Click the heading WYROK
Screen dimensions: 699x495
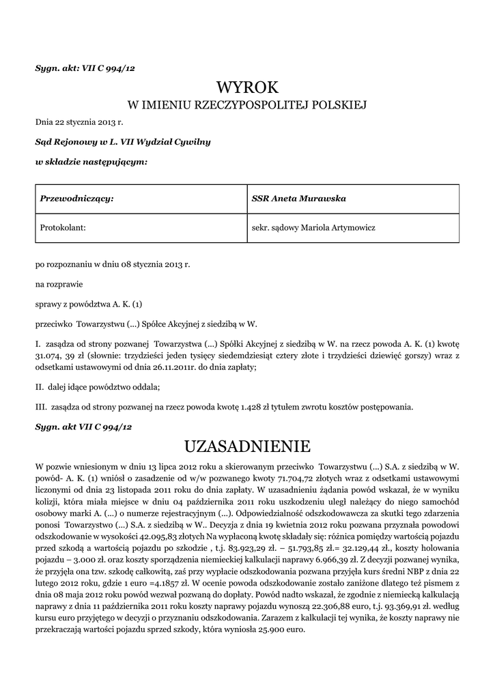tap(247, 87)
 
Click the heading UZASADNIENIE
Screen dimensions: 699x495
tap(247, 447)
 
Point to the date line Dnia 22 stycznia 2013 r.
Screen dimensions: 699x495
tap(79, 122)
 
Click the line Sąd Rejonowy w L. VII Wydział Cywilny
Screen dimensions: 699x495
tap(123, 142)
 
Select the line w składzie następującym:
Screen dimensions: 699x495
tap(91, 162)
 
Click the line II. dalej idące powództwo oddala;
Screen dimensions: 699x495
tap(98, 388)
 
